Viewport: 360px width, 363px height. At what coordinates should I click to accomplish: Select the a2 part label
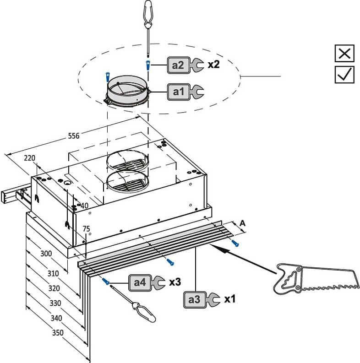click(179, 65)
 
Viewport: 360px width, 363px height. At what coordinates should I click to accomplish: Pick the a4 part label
click(140, 282)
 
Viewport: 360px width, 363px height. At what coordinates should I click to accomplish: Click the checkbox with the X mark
click(344, 54)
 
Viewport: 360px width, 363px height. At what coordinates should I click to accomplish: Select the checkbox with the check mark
click(344, 74)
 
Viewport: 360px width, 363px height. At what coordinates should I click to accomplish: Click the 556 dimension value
click(74, 136)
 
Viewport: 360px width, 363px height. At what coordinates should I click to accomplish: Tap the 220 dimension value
click(30, 158)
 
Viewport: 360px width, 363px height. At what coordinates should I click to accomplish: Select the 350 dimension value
click(57, 333)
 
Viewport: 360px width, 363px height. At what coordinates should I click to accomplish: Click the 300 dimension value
click(46, 253)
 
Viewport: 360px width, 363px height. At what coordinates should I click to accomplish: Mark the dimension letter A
click(243, 223)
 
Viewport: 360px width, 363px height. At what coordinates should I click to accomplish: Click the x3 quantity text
click(175, 282)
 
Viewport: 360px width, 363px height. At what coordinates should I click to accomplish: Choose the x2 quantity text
click(213, 65)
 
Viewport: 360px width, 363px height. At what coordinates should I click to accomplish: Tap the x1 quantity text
click(229, 299)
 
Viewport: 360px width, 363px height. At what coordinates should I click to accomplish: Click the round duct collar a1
click(128, 92)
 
